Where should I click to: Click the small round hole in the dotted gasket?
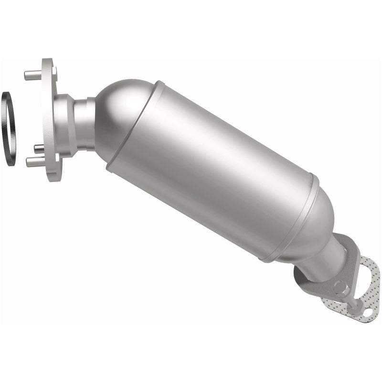[x=367, y=313]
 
